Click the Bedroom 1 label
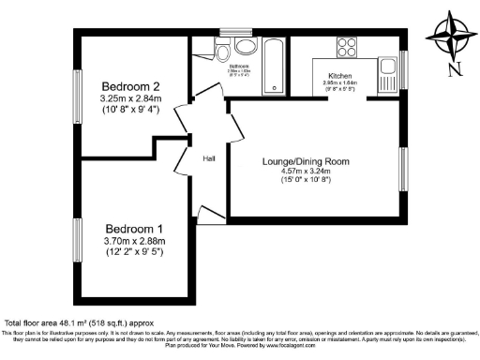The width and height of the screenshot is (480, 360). [x=134, y=229]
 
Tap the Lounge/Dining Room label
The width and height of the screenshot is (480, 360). [x=306, y=161]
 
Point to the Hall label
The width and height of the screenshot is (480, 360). [x=209, y=157]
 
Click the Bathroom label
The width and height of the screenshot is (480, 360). [x=238, y=66]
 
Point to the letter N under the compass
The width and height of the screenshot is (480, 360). [x=454, y=68]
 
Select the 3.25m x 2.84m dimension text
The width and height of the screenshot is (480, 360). [x=130, y=97]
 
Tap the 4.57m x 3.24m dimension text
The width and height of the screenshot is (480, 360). [x=306, y=172]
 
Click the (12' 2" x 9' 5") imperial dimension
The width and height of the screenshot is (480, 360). [x=134, y=253]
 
